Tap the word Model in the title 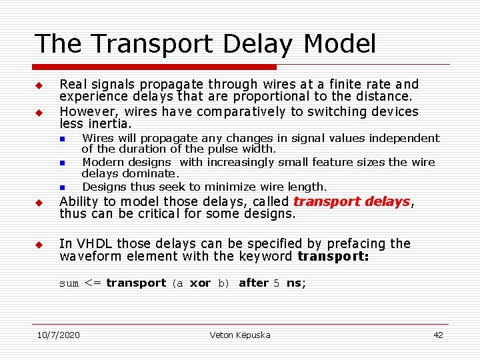click(x=340, y=44)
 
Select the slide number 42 click(x=438, y=335)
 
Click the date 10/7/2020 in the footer click(x=58, y=335)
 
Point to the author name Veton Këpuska click(x=240, y=335)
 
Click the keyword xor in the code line click(x=201, y=283)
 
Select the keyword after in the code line click(x=253, y=283)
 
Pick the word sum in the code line click(x=69, y=283)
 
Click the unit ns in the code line click(x=295, y=283)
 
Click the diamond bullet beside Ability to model click(x=39, y=203)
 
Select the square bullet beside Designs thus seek click(x=61, y=187)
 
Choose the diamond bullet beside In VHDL click(x=39, y=245)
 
